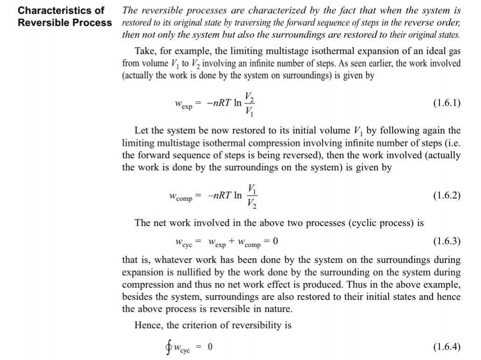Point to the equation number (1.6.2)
[x=446, y=195]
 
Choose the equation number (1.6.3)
[x=446, y=241]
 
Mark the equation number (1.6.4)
[x=446, y=346]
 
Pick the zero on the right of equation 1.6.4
[x=210, y=346]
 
